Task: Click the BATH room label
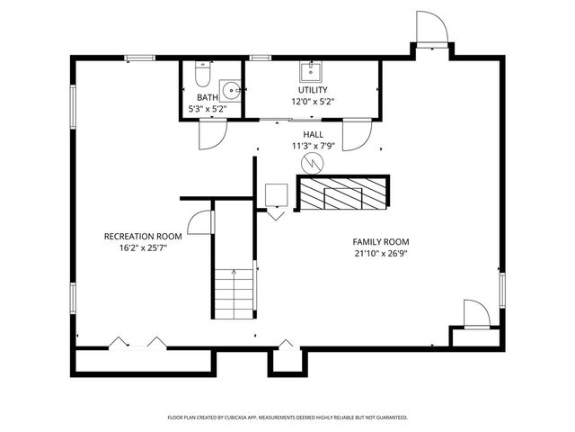pos(207,97)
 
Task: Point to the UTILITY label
pos(313,90)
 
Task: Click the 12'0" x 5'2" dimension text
pos(313,102)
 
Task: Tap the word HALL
pos(313,134)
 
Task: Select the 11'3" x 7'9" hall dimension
pos(313,146)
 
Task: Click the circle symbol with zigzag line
pos(311,163)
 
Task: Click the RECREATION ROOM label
pos(143,237)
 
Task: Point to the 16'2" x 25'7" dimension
pos(143,248)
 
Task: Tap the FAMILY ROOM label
pos(381,242)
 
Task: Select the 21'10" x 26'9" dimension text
pos(381,254)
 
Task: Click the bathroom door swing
pos(208,135)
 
